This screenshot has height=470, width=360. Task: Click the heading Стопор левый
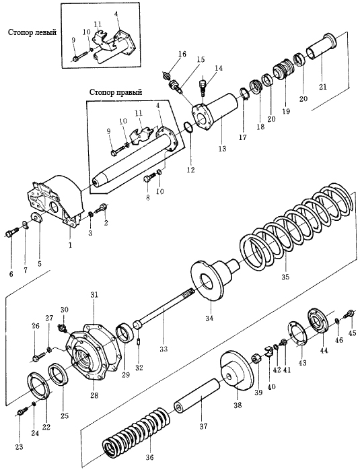pyautogui.click(x=32, y=32)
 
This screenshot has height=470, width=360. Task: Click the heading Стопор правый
pyautogui.click(x=116, y=93)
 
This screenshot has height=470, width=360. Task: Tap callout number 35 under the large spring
pyautogui.click(x=285, y=277)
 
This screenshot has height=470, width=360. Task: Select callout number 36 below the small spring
pyautogui.click(x=149, y=457)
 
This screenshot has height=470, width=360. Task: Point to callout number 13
pyautogui.click(x=222, y=148)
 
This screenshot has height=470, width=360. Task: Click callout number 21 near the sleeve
pyautogui.click(x=323, y=87)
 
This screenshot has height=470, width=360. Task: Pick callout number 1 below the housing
pyautogui.click(x=70, y=245)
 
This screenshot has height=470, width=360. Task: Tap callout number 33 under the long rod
pyautogui.click(x=164, y=349)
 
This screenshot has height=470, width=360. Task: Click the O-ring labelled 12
pyautogui.click(x=188, y=127)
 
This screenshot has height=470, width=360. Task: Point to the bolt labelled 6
pyautogui.click(x=11, y=233)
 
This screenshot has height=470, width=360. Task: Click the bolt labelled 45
pyautogui.click(x=349, y=314)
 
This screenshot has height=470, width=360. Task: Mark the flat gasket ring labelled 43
pyautogui.click(x=297, y=333)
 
